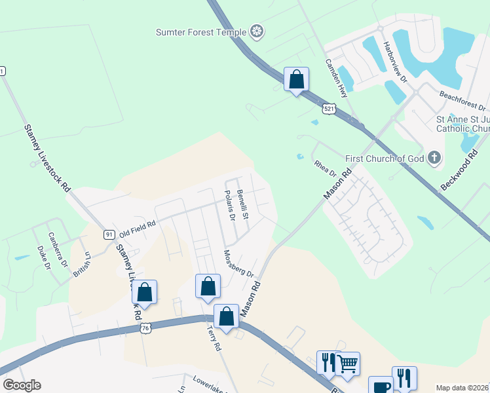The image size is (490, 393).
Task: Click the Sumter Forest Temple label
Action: [200, 31]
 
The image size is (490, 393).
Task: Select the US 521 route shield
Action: [330, 108]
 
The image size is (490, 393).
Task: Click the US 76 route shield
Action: [145, 327]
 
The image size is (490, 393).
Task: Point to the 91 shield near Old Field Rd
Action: [109, 234]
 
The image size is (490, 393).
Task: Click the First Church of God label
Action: [385, 158]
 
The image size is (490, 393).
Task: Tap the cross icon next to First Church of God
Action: [434, 157]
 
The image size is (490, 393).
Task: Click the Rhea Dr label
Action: [324, 168]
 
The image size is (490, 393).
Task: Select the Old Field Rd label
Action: [137, 229]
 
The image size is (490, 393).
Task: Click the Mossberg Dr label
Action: [238, 263]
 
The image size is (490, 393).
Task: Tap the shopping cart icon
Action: [347, 364]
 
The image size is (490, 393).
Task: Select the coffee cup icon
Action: [381, 386]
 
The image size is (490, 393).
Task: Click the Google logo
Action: [22, 385]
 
